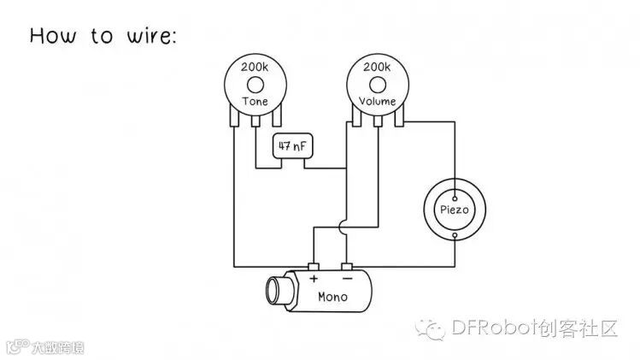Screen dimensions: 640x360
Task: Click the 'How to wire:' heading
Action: point(103,36)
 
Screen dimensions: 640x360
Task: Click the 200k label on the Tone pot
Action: point(255,67)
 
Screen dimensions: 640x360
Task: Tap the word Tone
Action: point(255,102)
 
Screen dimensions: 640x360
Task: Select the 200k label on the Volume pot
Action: point(376,67)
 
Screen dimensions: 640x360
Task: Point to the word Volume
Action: point(376,102)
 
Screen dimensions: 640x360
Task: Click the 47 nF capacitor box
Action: point(292,146)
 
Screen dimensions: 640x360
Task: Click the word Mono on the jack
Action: point(332,298)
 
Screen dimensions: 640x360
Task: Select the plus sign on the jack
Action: point(313,279)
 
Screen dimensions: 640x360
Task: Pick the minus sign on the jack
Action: point(347,279)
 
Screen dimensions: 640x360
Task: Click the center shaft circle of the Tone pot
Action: point(255,84)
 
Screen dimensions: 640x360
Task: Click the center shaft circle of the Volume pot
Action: point(376,84)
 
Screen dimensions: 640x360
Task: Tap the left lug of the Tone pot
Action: point(234,121)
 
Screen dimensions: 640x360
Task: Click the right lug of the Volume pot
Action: point(397,121)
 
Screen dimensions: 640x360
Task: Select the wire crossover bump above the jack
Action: point(343,227)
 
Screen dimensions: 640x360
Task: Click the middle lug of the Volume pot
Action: point(376,122)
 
